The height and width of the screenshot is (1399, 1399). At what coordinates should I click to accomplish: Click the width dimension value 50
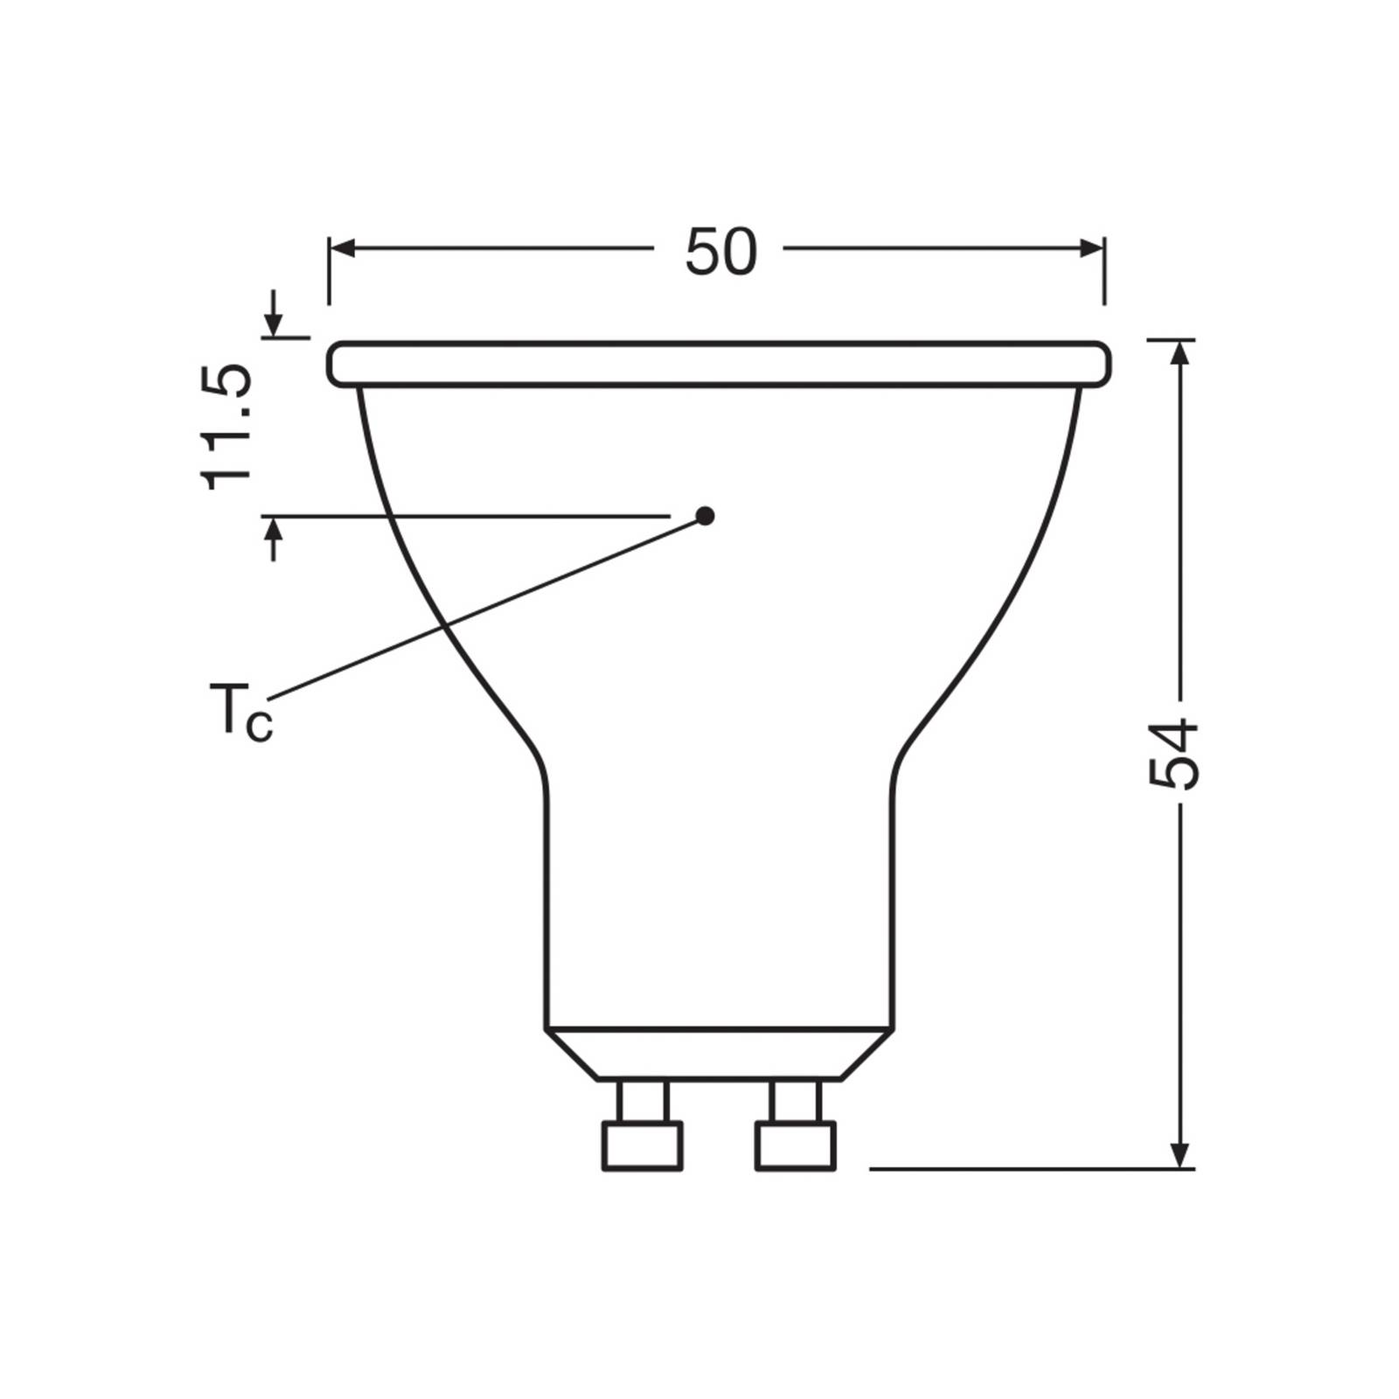pyautogui.click(x=720, y=253)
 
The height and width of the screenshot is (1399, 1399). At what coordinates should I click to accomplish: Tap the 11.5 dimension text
pyautogui.click(x=227, y=427)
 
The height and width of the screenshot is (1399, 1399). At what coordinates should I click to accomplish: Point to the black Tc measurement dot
pyautogui.click(x=705, y=516)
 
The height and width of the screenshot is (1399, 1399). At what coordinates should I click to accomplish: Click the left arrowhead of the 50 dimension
pyautogui.click(x=342, y=249)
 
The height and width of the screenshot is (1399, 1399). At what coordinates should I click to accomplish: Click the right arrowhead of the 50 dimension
pyautogui.click(x=1091, y=249)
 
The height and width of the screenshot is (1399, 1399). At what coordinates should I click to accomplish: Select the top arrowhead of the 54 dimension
pyautogui.click(x=1180, y=353)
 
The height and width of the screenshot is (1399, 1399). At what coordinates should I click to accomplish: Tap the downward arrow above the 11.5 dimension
pyautogui.click(x=275, y=322)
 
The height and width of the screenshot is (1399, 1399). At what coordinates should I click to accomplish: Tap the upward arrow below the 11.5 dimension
pyautogui.click(x=275, y=532)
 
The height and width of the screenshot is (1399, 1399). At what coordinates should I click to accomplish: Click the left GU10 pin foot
pyautogui.click(x=642, y=1146)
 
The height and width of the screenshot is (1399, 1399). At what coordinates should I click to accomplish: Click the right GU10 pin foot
pyautogui.click(x=796, y=1146)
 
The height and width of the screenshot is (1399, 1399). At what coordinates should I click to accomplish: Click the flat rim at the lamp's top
pyautogui.click(x=719, y=364)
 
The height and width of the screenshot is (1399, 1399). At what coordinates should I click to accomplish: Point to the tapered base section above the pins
pyautogui.click(x=719, y=1054)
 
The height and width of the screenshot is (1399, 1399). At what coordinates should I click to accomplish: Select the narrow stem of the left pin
pyautogui.click(x=642, y=1102)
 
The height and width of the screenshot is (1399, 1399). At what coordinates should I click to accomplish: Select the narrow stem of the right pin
pyautogui.click(x=796, y=1102)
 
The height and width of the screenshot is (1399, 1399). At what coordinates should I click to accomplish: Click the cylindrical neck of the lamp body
pyautogui.click(x=719, y=901)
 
